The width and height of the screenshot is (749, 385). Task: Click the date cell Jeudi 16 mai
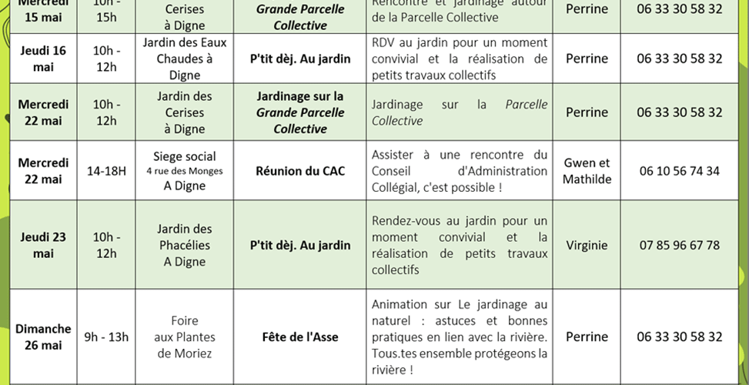tap(43, 59)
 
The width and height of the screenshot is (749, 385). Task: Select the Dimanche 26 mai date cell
tap(43, 336)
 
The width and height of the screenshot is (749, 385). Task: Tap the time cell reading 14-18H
tap(106, 171)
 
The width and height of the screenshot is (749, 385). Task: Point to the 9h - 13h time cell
tap(106, 336)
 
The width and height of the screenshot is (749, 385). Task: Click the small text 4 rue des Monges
tap(185, 171)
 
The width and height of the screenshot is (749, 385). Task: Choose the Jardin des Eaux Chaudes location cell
tap(185, 59)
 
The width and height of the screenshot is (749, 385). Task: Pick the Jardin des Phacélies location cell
tap(185, 245)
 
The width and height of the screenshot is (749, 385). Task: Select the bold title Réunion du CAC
tap(300, 171)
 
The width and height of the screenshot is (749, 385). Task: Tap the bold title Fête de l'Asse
tap(300, 336)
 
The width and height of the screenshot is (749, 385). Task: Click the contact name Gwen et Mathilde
tap(587, 171)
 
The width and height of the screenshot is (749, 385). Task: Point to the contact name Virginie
tap(587, 245)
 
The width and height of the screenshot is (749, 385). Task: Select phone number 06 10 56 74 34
tap(680, 171)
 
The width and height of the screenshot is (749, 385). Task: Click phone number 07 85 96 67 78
tap(680, 245)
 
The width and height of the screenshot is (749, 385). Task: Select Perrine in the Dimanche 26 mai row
tap(587, 336)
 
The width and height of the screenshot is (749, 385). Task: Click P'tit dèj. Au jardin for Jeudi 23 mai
tap(300, 246)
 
